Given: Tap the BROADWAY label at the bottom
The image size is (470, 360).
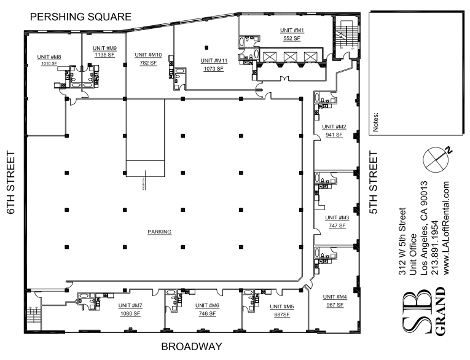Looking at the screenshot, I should coord(190,347).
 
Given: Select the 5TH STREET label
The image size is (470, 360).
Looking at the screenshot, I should coord(373,183).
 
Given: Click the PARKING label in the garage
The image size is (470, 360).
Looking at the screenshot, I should coord(159,232).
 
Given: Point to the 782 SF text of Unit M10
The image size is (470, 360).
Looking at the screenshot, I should coord(148,62).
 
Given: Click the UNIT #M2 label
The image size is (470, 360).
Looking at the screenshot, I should coord(334,127).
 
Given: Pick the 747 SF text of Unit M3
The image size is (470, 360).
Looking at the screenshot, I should coord(337,225).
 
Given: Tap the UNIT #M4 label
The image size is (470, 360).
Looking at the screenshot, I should coord(334,297).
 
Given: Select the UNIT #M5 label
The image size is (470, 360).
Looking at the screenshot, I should coord(281,306).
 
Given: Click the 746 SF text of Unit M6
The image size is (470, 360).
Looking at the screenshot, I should coord(207,313).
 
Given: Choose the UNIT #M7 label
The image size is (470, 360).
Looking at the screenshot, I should coord(130,306).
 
